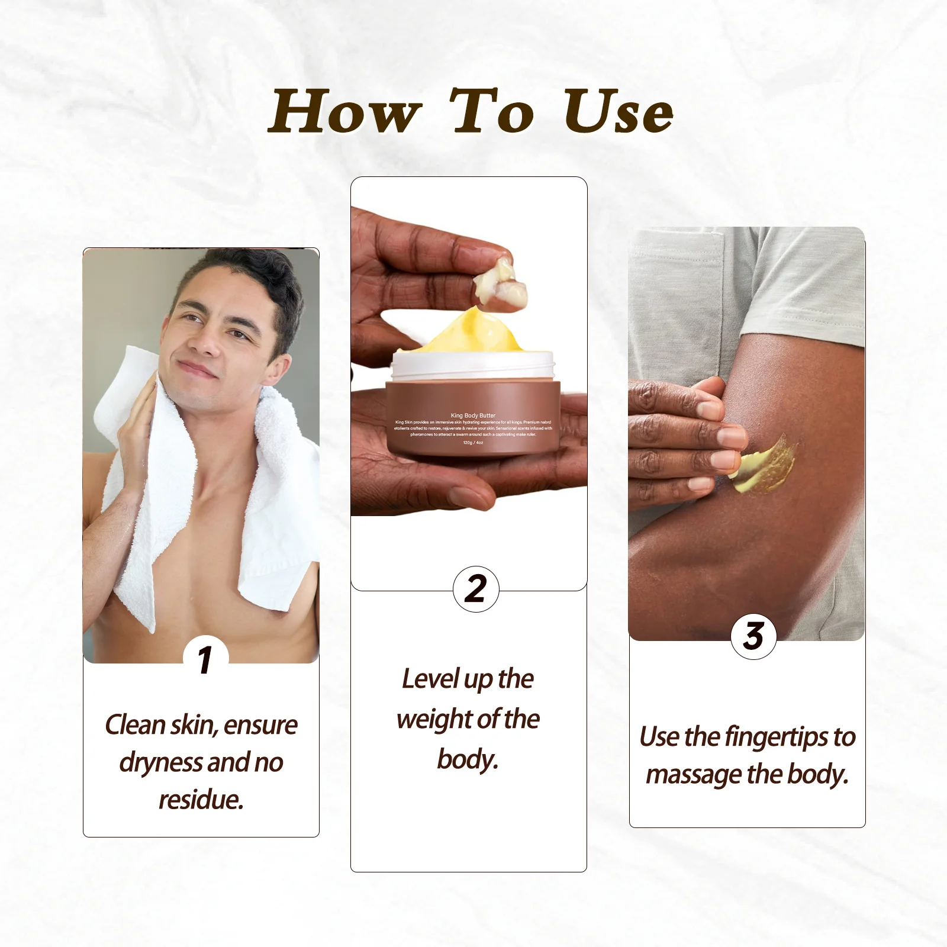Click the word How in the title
click(344, 112)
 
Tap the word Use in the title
click(617, 112)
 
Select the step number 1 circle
click(205, 659)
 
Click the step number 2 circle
click(476, 589)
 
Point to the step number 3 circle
click(753, 636)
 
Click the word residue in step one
click(201, 800)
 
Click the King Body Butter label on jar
click(473, 415)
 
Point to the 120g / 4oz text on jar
click(473, 443)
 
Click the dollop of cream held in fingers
click(500, 283)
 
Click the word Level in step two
click(430, 679)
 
